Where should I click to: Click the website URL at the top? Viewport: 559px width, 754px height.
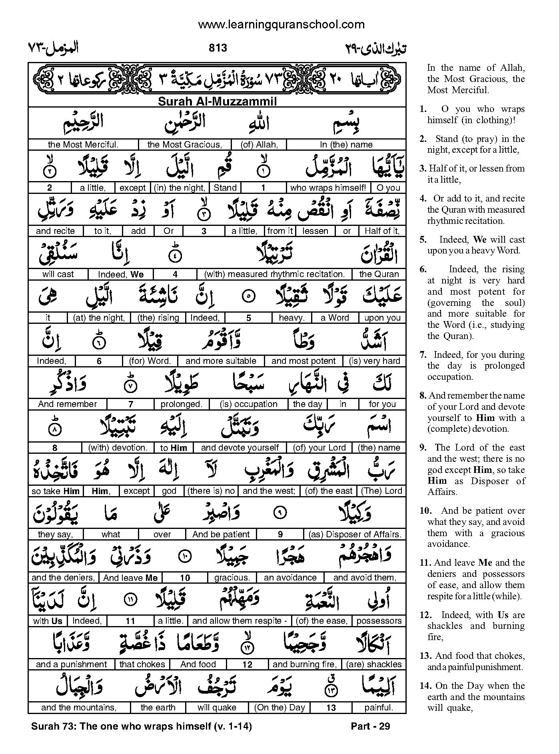click(x=281, y=25)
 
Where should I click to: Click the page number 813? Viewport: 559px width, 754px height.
click(x=218, y=48)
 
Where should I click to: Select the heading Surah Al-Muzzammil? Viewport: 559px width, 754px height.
click(x=217, y=101)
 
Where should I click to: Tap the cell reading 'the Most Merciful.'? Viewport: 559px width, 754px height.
click(x=83, y=145)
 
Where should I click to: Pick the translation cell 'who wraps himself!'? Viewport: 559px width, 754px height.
click(x=328, y=188)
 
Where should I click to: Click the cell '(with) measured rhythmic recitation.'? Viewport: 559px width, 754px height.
click(x=274, y=274)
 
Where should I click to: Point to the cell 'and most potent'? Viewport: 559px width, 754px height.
click(x=303, y=361)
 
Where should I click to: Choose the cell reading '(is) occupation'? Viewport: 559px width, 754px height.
click(x=248, y=404)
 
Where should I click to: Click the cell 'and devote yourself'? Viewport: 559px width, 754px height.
click(x=240, y=448)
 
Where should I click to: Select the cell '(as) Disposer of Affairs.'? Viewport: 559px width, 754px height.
click(x=355, y=535)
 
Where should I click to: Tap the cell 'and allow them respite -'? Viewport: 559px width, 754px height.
click(x=240, y=621)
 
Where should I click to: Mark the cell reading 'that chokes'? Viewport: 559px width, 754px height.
click(x=142, y=664)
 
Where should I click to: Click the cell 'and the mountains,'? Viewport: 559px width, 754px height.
click(x=79, y=708)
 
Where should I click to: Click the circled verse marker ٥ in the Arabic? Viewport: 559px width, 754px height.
click(x=249, y=297)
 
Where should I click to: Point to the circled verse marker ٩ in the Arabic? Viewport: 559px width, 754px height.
click(x=281, y=513)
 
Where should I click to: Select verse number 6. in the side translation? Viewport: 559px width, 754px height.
click(x=423, y=269)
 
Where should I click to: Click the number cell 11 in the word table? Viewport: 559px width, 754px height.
click(x=130, y=621)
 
